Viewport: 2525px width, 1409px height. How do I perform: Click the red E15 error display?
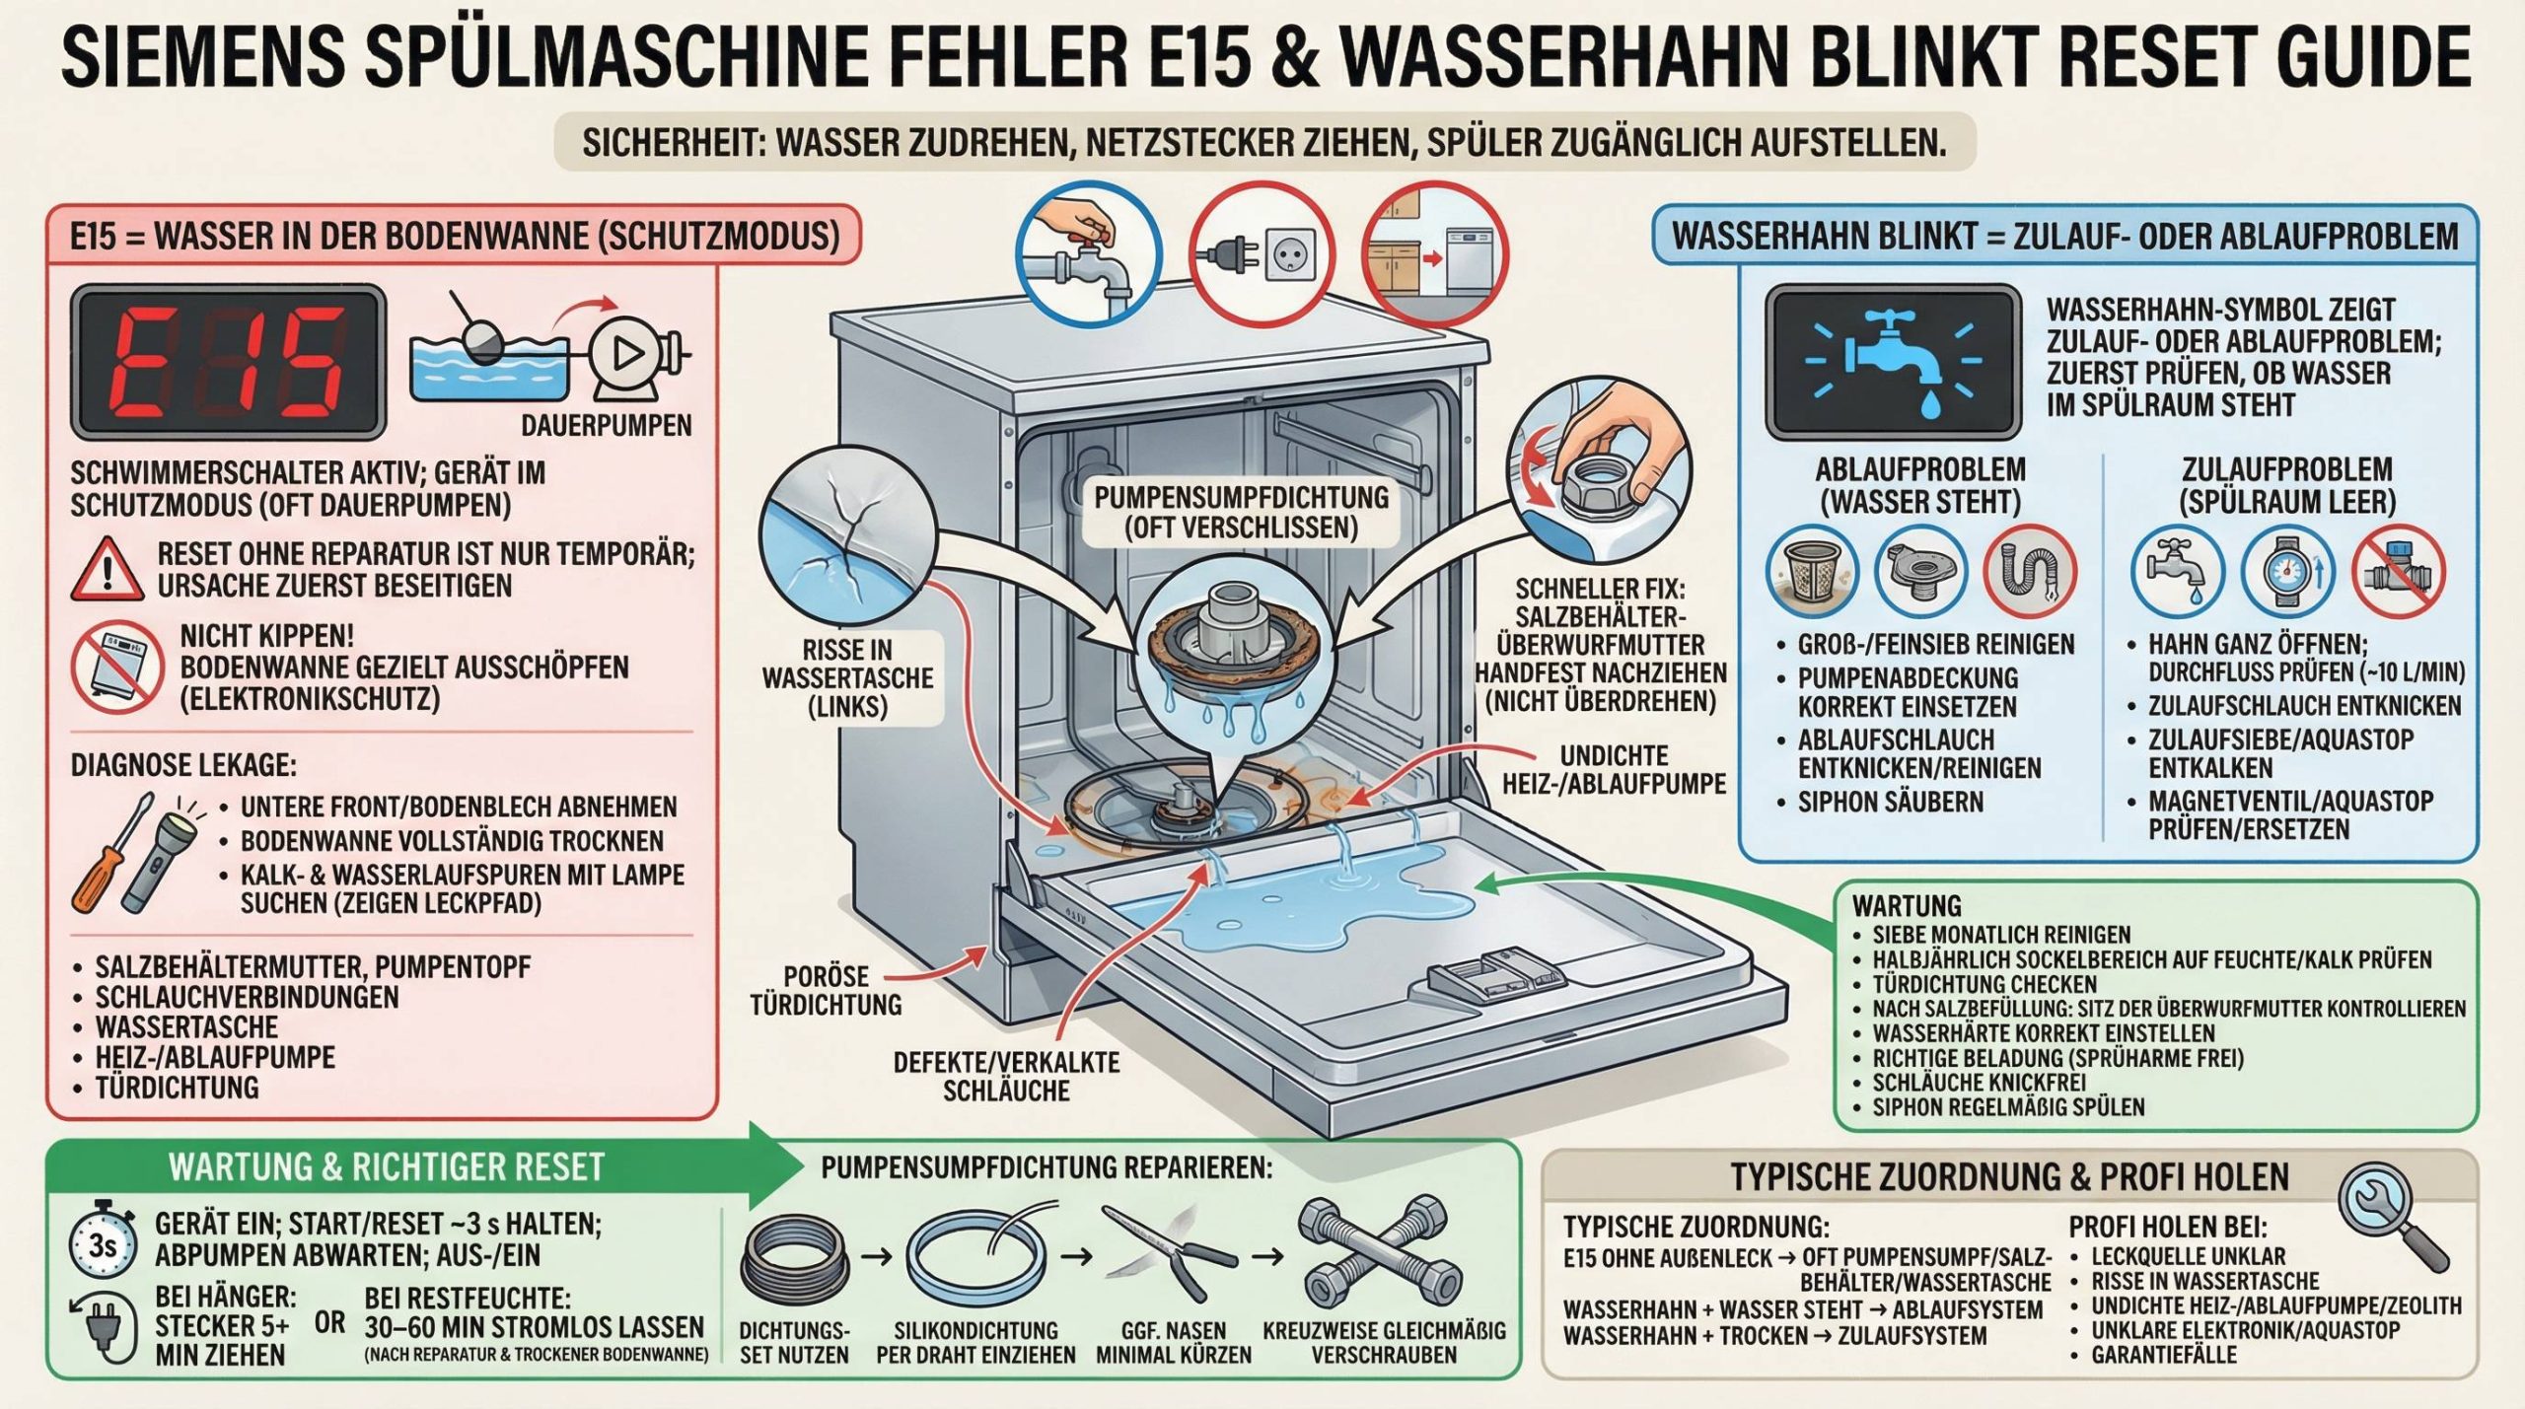[x=227, y=362]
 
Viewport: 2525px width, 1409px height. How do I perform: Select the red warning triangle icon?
[x=108, y=570]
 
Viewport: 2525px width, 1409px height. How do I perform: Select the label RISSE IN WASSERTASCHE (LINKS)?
[x=846, y=678]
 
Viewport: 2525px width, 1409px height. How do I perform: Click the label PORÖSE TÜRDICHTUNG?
[x=827, y=990]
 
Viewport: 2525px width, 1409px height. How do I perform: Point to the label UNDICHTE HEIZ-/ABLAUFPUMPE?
[x=1614, y=770]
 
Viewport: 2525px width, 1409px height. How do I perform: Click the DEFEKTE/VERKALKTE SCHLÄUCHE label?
[x=1006, y=1077]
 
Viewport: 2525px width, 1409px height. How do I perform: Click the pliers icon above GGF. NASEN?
[x=1170, y=1254]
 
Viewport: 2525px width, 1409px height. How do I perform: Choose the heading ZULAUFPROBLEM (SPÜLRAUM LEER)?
[x=2287, y=485]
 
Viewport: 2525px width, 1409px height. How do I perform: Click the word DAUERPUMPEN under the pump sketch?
[x=607, y=425]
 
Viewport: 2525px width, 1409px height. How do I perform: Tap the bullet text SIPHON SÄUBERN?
[x=1890, y=802]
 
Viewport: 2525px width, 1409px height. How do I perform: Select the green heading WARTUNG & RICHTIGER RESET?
[x=386, y=1166]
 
